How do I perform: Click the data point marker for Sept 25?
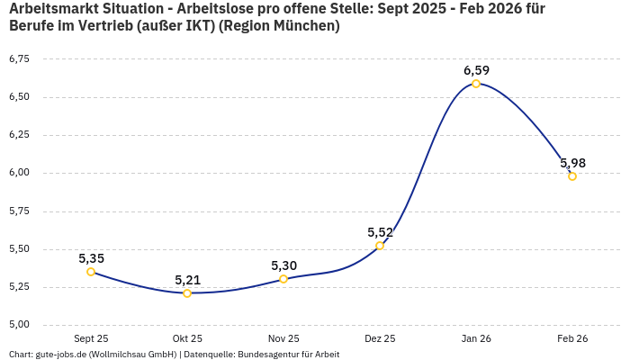point(91,272)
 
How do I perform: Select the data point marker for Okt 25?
point(187,293)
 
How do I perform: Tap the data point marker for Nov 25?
point(283,279)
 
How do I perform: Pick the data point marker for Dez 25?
point(380,246)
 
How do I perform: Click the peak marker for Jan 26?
point(476,84)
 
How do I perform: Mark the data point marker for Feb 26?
point(572,176)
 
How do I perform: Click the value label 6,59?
point(476,70)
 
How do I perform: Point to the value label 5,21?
point(187,280)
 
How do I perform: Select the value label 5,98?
point(572,163)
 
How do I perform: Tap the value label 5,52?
point(380,232)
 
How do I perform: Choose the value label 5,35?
point(91,258)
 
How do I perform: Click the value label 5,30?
point(283,265)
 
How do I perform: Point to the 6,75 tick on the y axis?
point(19,59)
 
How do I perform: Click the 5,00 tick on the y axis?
point(19,325)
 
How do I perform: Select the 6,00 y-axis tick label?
point(19,173)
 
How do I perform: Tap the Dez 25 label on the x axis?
point(380,339)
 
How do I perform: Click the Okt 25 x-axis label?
point(187,339)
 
